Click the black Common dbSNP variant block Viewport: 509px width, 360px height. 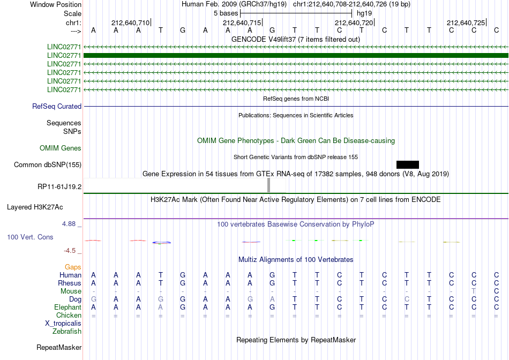coord(407,164)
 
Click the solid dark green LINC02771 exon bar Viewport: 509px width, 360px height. coord(296,56)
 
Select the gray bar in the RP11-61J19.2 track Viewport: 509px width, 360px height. coord(268,185)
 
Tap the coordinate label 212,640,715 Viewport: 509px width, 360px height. coord(242,22)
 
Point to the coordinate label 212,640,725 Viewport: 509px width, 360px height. coord(466,22)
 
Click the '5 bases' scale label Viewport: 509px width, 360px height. coord(226,13)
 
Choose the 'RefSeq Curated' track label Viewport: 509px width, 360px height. coord(57,106)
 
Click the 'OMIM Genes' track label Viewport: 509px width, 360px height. coord(61,148)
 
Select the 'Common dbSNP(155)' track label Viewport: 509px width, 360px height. coord(48,164)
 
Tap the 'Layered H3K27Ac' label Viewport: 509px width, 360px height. coord(35,207)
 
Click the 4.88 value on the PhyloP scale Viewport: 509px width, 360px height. coord(69,224)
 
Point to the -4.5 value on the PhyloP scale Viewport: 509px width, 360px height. coord(70,251)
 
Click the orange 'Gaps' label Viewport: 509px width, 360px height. coord(73,267)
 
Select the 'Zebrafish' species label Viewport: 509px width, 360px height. coord(67,332)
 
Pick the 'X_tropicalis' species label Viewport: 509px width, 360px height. coord(63,324)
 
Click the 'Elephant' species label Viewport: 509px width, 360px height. coord(68,307)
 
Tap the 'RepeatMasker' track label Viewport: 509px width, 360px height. coord(59,347)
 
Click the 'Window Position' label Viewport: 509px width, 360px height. coord(56,4)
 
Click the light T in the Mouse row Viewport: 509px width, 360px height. coord(474,291)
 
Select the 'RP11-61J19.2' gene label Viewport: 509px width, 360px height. coord(59,186)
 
